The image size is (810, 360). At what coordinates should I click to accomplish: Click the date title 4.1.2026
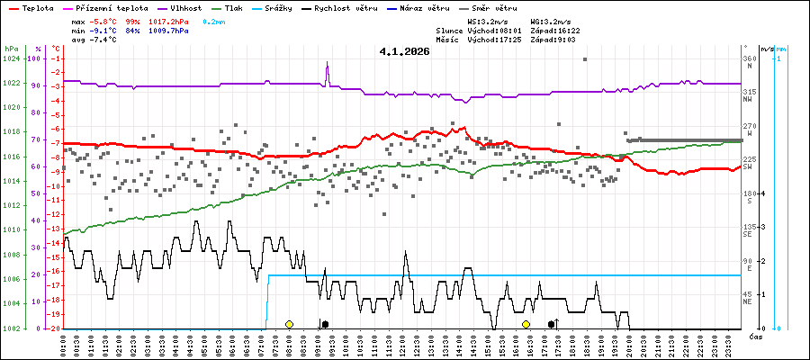[x=404, y=51]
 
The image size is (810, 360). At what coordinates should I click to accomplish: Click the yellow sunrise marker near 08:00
[x=289, y=324]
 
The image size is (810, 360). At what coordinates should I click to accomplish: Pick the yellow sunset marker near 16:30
[x=526, y=324]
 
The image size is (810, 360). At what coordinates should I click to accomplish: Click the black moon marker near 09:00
[x=325, y=324]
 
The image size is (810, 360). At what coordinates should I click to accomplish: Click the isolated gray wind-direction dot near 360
[x=585, y=59]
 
